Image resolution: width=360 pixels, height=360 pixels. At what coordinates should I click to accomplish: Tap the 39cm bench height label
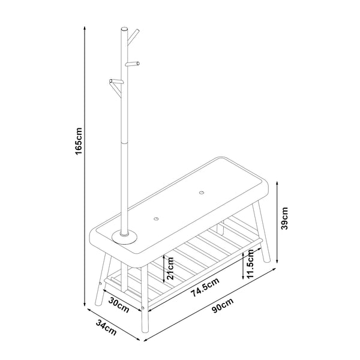(286, 218)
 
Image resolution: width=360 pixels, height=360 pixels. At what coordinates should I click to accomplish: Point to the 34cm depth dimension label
(106, 328)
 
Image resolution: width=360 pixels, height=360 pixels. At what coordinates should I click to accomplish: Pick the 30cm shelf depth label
(120, 305)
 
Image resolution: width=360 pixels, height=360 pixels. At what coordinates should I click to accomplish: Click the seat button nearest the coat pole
(156, 220)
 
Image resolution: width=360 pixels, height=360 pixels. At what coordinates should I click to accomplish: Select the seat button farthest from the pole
(201, 193)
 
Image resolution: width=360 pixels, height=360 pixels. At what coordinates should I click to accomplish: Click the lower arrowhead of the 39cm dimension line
(277, 262)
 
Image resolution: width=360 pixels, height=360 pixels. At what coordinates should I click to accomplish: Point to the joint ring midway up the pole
(125, 142)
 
